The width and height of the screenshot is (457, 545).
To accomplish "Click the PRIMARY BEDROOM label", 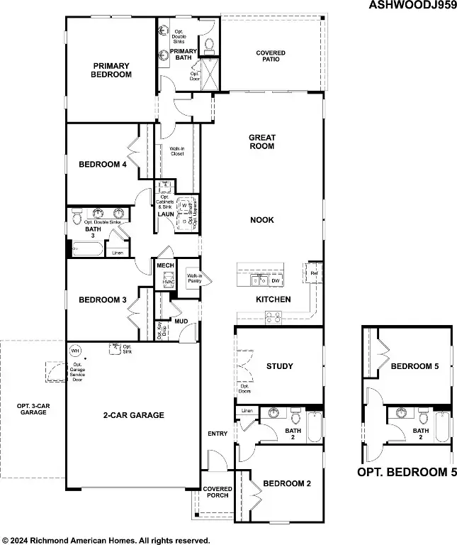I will pyautogui.click(x=112, y=70).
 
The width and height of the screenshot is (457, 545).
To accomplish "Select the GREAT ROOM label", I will pyautogui.click(x=261, y=142).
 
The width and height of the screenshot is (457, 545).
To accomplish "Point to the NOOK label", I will pyautogui.click(x=261, y=220).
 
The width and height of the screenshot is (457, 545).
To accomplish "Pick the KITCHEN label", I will pyautogui.click(x=273, y=299).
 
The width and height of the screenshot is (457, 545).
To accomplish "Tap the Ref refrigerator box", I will pyautogui.click(x=314, y=272).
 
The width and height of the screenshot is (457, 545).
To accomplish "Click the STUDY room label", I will pyautogui.click(x=279, y=366).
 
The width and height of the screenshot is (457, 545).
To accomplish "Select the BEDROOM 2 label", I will pyautogui.click(x=287, y=484).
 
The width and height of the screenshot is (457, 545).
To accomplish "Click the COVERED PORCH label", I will pyautogui.click(x=218, y=493).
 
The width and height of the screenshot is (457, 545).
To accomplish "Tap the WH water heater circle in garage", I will pyautogui.click(x=76, y=351).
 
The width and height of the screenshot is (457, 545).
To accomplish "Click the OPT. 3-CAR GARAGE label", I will pyautogui.click(x=33, y=409).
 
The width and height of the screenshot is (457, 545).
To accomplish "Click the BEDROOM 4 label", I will pyautogui.click(x=103, y=165).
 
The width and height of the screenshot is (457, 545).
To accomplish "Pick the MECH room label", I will pyautogui.click(x=165, y=265).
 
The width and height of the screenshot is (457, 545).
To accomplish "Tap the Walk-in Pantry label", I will pyautogui.click(x=194, y=278).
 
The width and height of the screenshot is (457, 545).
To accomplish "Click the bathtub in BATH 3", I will pyautogui.click(x=86, y=248).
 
